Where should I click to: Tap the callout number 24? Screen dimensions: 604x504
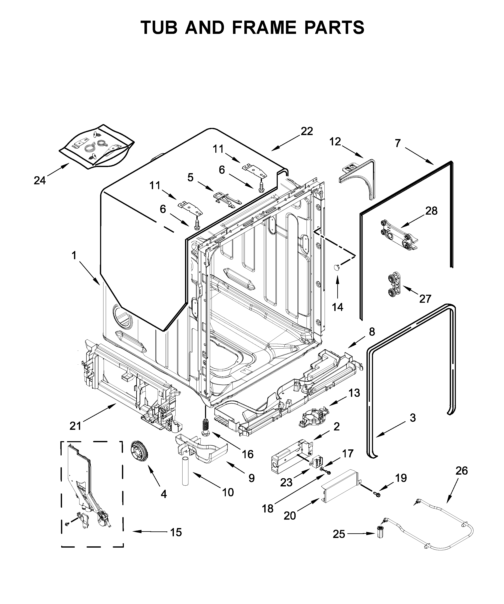pos(40,181)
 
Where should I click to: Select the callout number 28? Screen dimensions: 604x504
pos(431,211)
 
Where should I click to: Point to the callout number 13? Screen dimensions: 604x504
pos(354,393)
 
